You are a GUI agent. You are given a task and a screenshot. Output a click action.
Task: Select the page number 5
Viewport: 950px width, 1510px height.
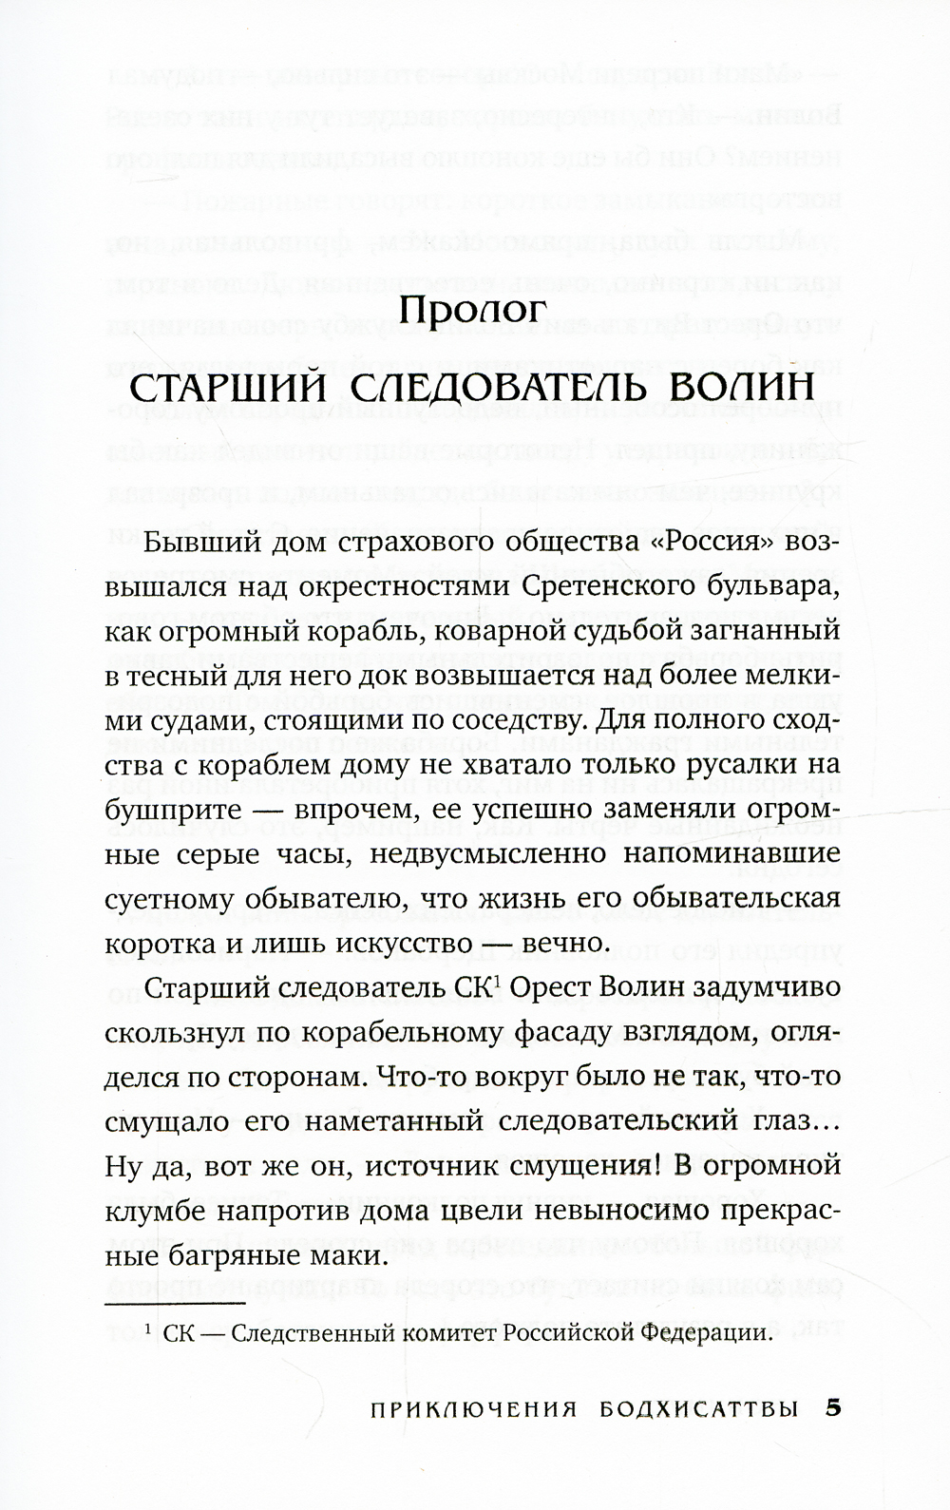tap(834, 1436)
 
